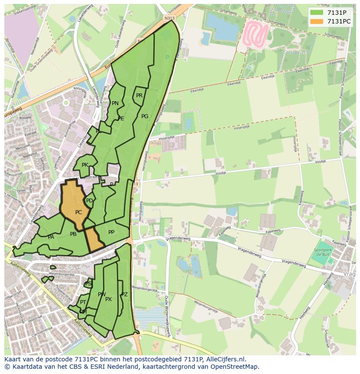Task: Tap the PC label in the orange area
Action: [78, 212]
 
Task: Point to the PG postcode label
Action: [145, 116]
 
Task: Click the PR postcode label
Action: [139, 96]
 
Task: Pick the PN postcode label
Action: [115, 103]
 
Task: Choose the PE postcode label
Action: [121, 118]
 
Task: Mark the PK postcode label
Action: [85, 165]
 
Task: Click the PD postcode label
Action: [89, 200]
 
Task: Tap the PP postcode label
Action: [111, 232]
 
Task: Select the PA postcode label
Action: [51, 237]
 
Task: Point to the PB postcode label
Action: [73, 234]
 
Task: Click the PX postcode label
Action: [108, 299]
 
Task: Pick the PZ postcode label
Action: [124, 294]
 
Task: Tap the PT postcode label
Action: [83, 302]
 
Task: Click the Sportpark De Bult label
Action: [323, 252]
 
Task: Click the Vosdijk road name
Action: [221, 172]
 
